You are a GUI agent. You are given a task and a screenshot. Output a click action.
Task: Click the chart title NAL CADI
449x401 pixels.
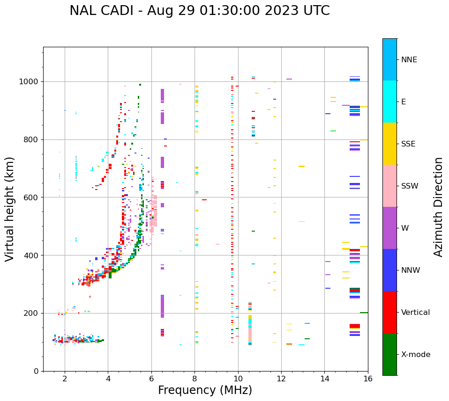point(199,11)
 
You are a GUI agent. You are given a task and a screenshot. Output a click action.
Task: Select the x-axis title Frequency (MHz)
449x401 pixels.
point(205,390)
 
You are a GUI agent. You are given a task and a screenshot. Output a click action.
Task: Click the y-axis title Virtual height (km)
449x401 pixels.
point(10,209)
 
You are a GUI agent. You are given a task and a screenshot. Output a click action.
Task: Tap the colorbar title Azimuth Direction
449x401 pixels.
point(438,207)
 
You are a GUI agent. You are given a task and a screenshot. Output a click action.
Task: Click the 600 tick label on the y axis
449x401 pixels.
point(30,197)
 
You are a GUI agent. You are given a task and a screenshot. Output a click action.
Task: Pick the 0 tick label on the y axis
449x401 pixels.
point(36,371)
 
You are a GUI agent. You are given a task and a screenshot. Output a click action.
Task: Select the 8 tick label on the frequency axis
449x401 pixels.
point(195,379)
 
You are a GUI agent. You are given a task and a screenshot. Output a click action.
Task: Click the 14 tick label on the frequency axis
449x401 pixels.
point(324,379)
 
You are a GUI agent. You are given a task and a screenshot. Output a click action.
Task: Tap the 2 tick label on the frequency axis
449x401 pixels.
point(65,379)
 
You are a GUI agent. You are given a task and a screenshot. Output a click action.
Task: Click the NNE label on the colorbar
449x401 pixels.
point(409,60)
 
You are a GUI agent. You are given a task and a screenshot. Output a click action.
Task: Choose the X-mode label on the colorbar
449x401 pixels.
point(415,355)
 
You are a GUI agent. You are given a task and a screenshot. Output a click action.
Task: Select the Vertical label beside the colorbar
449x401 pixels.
point(415,313)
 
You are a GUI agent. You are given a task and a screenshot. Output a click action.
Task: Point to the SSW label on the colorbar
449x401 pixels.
point(410,186)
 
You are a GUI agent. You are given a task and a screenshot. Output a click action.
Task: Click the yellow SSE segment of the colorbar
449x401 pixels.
point(389,143)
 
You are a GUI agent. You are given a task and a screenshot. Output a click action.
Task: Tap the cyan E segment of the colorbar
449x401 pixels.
point(389,101)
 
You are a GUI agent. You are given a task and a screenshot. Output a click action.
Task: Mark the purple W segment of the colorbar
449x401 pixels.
point(389,227)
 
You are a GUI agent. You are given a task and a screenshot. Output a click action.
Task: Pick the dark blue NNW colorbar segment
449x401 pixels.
point(389,270)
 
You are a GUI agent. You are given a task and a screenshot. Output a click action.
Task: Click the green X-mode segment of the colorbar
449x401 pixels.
point(389,354)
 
